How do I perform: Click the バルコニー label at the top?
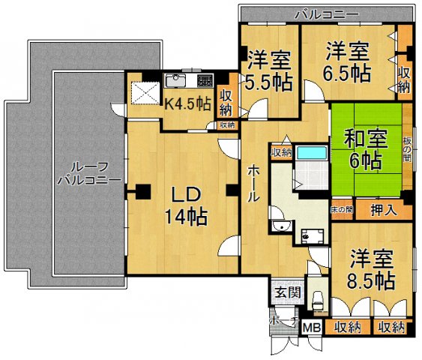coord(326,13)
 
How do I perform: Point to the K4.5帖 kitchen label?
coord(187,103)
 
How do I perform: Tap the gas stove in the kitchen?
coord(205,79)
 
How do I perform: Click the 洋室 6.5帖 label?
coord(348,62)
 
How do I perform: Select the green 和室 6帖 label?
coord(365,148)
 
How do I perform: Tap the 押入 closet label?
coord(384,211)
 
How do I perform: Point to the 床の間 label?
coord(342,211)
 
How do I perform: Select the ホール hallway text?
coord(253,184)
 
